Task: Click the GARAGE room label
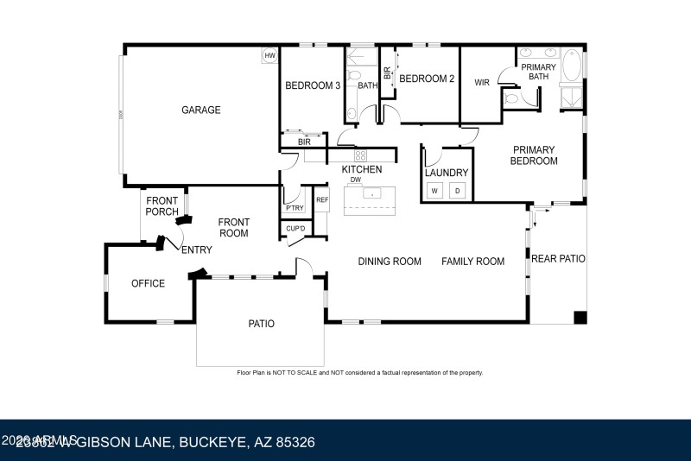pos(200,110)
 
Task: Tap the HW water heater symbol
pos(269,56)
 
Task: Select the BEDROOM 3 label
pos(313,85)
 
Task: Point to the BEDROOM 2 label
pos(426,79)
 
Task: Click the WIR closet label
pos(482,83)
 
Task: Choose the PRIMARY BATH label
pos(538,72)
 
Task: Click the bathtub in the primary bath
pos(571,66)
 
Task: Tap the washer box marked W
pos(435,191)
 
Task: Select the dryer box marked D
pos(458,191)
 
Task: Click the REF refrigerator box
pos(322,200)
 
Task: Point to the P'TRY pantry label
pos(295,208)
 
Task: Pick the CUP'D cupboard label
pos(295,229)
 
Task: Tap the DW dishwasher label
pos(355,179)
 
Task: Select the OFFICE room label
pos(148,283)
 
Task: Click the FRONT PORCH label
pos(162,206)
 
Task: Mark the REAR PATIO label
pos(558,258)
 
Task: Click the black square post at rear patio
pos(580,317)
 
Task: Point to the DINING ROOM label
pos(390,262)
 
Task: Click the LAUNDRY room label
pos(447,173)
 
